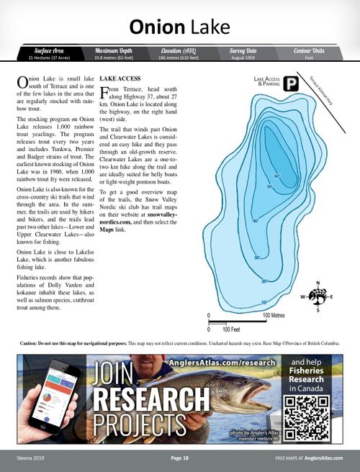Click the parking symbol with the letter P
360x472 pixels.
click(x=290, y=84)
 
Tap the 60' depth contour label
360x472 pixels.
click(x=276, y=176)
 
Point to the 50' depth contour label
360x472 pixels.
click(x=271, y=188)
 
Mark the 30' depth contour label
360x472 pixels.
click(x=257, y=258)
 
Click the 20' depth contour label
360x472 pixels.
click(x=264, y=281)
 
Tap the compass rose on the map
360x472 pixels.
click(x=316, y=296)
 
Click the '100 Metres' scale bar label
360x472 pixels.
click(x=276, y=316)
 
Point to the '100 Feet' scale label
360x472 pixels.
click(x=230, y=330)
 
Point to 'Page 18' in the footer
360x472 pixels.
click(x=179, y=458)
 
